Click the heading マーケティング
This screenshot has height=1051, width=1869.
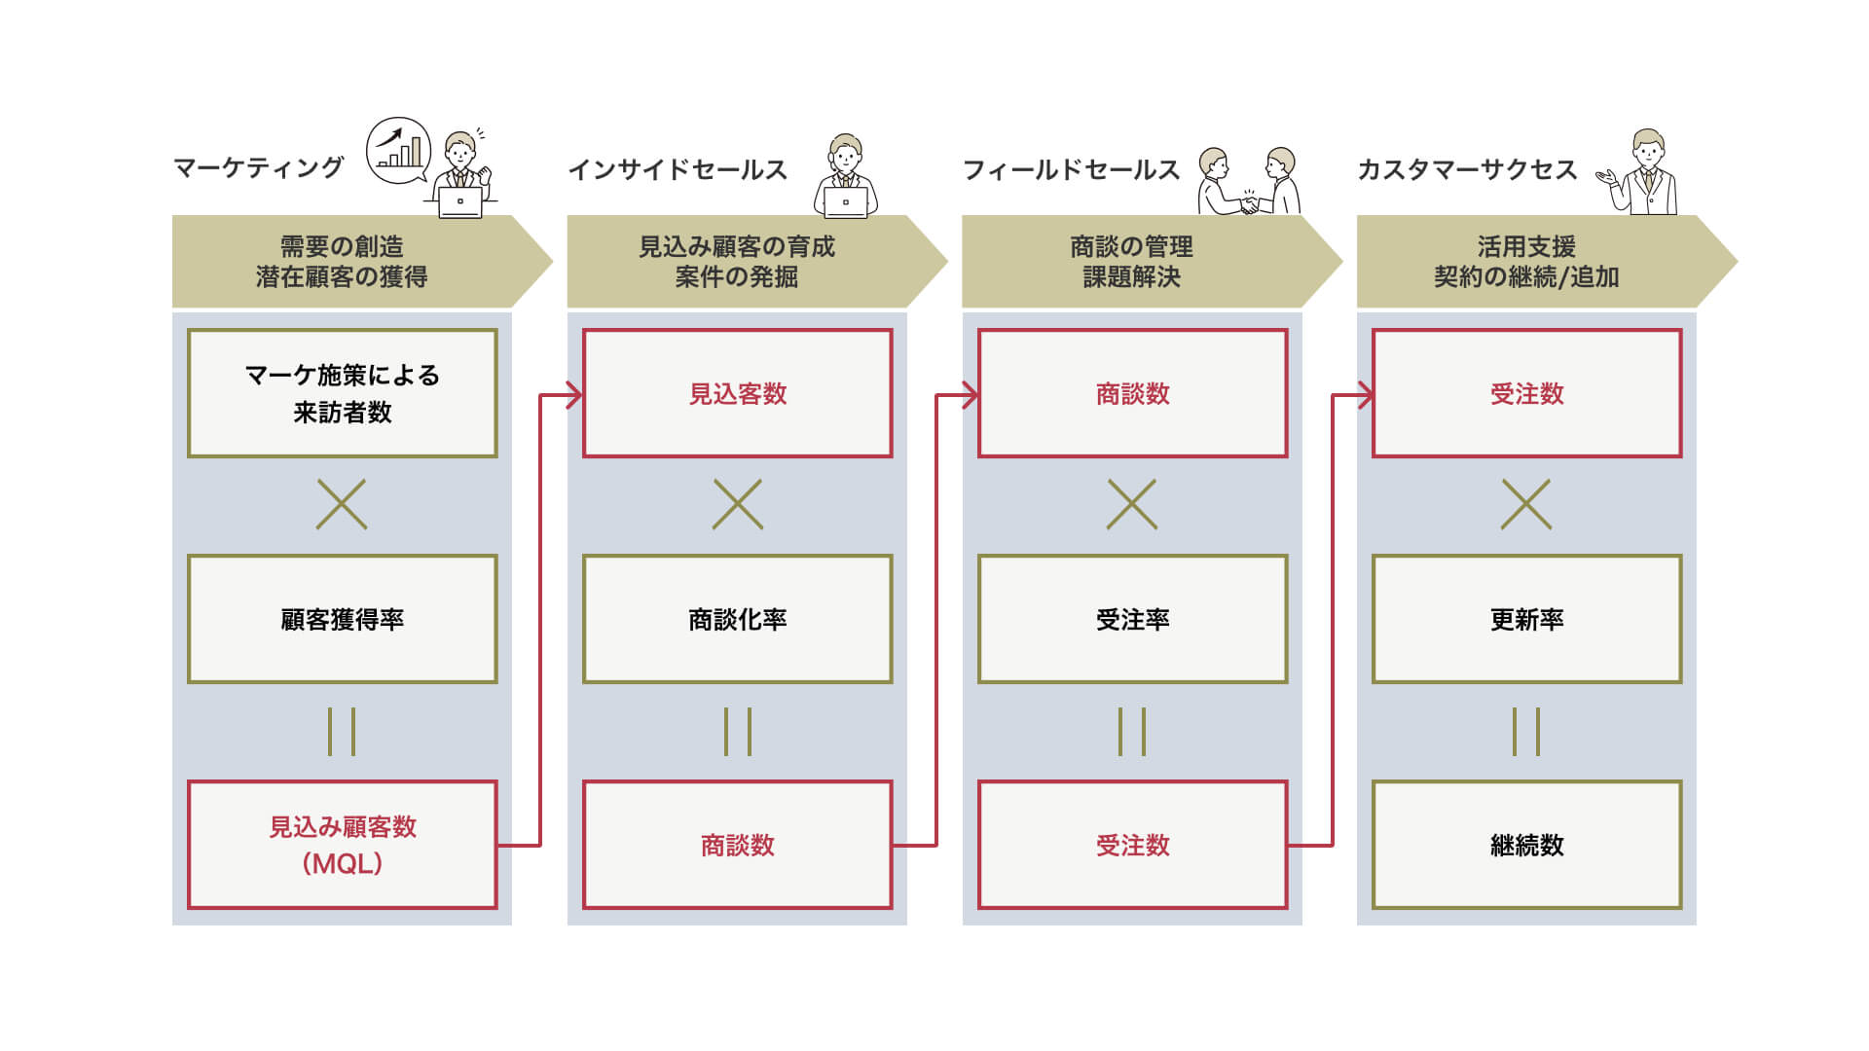tap(258, 168)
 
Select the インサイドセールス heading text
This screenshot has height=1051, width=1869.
tap(678, 169)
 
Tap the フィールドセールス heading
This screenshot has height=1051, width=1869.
tap(1071, 169)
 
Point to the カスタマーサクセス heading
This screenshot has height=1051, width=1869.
tap(1467, 169)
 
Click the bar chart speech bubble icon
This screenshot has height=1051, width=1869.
tap(398, 150)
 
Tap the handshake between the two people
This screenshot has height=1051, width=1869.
tap(1249, 204)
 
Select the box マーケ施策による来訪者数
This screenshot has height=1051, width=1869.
tap(343, 393)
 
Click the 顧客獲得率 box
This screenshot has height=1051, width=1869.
tap(343, 619)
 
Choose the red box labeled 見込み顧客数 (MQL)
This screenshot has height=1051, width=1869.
tap(343, 845)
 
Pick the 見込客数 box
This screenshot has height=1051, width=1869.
tap(738, 393)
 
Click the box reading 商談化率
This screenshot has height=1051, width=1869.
tap(738, 619)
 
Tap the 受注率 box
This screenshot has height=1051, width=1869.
tap(1133, 619)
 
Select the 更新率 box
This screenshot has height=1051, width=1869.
tap(1527, 619)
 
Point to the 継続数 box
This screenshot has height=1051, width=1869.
tap(1527, 845)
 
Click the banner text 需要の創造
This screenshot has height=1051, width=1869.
tap(342, 246)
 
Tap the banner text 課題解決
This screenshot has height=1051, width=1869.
tap(1132, 276)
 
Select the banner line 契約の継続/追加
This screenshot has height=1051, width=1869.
tap(1526, 276)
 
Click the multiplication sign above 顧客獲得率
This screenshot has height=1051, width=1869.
tap(342, 504)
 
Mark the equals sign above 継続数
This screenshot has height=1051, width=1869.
tap(1526, 732)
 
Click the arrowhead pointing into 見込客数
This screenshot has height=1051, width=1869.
tap(575, 395)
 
